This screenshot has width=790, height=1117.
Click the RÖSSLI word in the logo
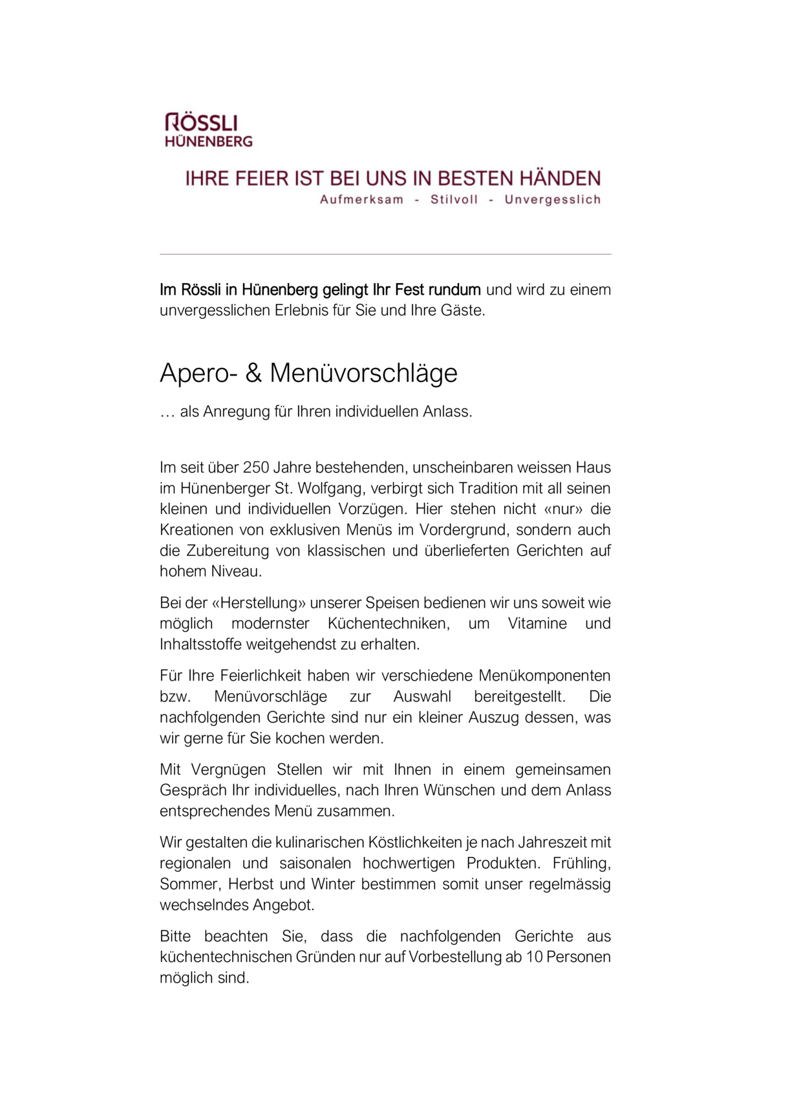201,122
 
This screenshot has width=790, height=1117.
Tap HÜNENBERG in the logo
208,141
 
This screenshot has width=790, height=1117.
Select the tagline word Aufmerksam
361,200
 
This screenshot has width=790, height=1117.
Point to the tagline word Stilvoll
454,200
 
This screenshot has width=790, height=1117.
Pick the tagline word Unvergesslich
553,200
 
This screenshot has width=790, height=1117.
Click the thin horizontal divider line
385,254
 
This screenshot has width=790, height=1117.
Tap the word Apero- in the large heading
198,374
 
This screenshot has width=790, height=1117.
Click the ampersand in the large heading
253,374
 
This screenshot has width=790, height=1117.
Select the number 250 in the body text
255,467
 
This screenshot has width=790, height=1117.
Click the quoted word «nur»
559,509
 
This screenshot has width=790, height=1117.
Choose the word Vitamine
537,623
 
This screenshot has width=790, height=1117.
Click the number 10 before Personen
533,957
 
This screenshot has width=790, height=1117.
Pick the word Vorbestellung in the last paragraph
454,957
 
